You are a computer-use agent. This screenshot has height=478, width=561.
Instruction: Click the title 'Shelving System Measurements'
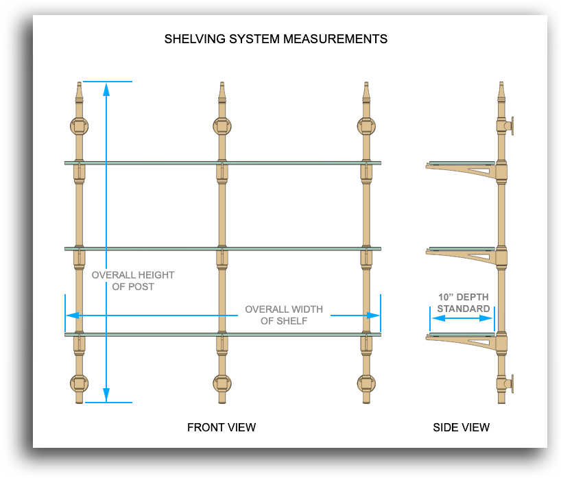(276, 39)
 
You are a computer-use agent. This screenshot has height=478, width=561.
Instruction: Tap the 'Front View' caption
(222, 427)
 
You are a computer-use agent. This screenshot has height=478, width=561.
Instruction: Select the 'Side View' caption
(461, 427)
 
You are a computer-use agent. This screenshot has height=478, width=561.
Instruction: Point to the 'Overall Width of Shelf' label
(284, 315)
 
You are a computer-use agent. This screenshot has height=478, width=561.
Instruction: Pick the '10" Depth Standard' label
(464, 303)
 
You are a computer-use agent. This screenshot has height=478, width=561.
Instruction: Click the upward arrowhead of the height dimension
(106, 88)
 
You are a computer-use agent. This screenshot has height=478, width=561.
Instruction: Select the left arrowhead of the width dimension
(71, 315)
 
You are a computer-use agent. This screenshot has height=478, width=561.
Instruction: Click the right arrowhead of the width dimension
(374, 315)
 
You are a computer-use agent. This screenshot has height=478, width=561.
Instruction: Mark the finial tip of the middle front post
(222, 85)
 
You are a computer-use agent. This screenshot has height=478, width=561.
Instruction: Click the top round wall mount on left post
(79, 126)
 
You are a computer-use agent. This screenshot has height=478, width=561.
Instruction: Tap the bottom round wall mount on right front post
(366, 383)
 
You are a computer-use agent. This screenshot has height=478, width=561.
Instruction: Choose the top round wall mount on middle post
(222, 126)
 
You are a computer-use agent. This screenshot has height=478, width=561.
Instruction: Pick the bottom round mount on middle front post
(222, 383)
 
